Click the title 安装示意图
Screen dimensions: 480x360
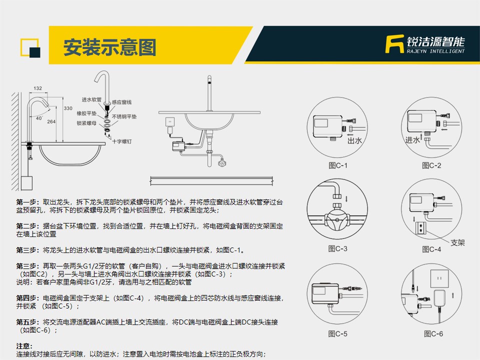pyautogui.click(x=110, y=47)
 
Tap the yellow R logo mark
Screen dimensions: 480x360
pyautogui.click(x=394, y=44)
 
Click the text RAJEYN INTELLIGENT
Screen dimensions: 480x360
pyautogui.click(x=435, y=51)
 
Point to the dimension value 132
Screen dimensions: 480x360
pyautogui.click(x=37, y=88)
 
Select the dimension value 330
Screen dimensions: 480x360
pyautogui.click(x=68, y=108)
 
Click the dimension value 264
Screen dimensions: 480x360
pyautogui.click(x=51, y=121)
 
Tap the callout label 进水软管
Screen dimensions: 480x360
pyautogui.click(x=91, y=99)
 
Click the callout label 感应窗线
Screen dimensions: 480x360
pyautogui.click(x=121, y=102)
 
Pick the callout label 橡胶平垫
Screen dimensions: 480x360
pyautogui.click(x=86, y=113)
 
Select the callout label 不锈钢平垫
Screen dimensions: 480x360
pyautogui.click(x=124, y=116)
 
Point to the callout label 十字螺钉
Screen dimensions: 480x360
pyautogui.click(x=121, y=141)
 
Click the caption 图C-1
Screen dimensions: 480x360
pyautogui.click(x=338, y=165)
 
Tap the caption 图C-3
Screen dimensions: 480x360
pyautogui.click(x=337, y=248)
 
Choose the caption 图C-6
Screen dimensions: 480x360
pyautogui.click(x=433, y=333)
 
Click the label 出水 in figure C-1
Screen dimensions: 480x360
pyautogui.click(x=354, y=140)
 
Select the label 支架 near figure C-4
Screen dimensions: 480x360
pyautogui.click(x=457, y=242)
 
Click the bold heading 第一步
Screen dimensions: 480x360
pyautogui.click(x=27, y=202)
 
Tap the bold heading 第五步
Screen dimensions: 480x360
pyautogui.click(x=27, y=322)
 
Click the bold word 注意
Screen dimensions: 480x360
pyautogui.click(x=24, y=346)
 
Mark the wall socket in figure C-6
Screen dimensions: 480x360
pyautogui.click(x=439, y=278)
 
